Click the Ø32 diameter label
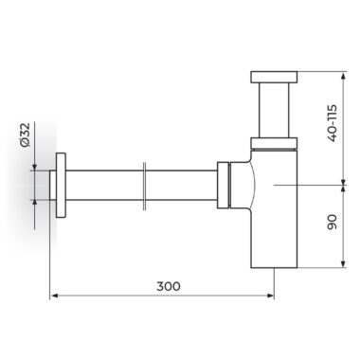point(25,135)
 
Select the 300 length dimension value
point(169,286)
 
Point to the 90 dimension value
point(333,222)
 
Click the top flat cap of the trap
point(274,77)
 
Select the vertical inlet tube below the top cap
point(274,110)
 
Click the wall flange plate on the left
point(61,186)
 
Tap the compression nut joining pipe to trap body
point(223,185)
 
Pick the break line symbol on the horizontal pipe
point(144,186)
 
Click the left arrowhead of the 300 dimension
point(54,296)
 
